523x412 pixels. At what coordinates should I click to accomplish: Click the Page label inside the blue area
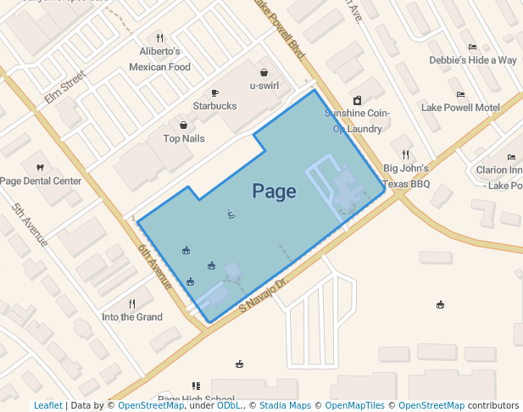tap(274, 192)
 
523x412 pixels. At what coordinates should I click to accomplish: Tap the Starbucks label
tap(214, 106)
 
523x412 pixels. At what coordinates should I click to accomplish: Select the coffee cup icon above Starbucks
tap(214, 92)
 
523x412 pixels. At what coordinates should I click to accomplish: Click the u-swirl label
tap(264, 86)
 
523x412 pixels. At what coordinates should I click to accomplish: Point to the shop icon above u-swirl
tap(264, 72)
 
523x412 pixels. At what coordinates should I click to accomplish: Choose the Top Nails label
tap(184, 138)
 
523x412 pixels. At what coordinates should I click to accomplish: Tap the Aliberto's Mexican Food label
tap(159, 58)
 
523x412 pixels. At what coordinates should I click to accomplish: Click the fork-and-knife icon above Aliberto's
tap(159, 38)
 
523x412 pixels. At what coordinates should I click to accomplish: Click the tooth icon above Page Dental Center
tap(40, 167)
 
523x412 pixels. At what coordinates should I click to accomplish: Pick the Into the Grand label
tap(132, 317)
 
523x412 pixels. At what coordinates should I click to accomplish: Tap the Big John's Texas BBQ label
tap(406, 175)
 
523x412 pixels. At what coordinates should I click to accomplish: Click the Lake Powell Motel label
tap(460, 108)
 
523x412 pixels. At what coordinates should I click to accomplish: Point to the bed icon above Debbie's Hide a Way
tap(472, 47)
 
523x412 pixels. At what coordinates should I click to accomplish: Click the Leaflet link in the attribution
tap(47, 405)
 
